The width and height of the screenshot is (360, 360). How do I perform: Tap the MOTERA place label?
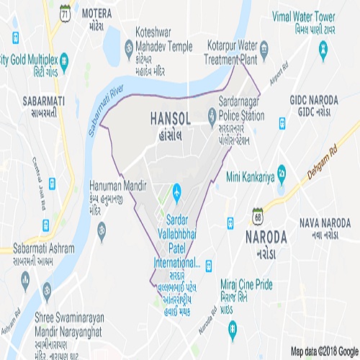98,14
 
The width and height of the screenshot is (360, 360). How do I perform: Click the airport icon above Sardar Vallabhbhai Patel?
177,193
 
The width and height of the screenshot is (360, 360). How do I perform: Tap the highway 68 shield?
258,214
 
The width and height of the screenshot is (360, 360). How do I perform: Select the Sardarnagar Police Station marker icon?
211,114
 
